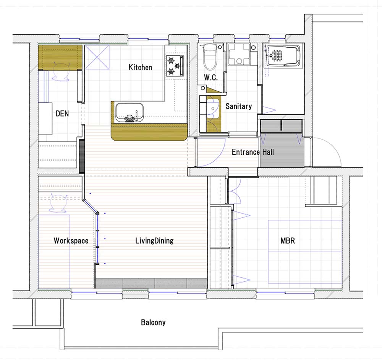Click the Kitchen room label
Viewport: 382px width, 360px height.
pyautogui.click(x=140, y=67)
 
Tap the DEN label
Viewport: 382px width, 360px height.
pyautogui.click(x=62, y=114)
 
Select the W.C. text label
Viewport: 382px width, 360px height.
pyautogui.click(x=211, y=78)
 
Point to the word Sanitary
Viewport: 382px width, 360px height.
pyautogui.click(x=238, y=106)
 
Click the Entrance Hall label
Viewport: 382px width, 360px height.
pyautogui.click(x=253, y=152)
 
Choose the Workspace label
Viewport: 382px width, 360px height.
pyautogui.click(x=71, y=240)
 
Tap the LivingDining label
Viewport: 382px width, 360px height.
pyautogui.click(x=154, y=240)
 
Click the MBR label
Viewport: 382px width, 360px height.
pyautogui.click(x=288, y=240)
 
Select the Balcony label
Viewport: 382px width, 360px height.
pyautogui.click(x=153, y=323)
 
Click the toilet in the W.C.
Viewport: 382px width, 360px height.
pyautogui.click(x=210, y=57)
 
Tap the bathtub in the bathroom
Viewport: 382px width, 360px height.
pyautogui.click(x=283, y=55)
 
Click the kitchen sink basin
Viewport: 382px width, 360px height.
pyautogui.click(x=129, y=112)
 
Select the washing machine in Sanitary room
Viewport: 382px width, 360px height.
pyautogui.click(x=239, y=54)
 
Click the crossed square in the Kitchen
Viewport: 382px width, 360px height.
pyautogui.click(x=97, y=58)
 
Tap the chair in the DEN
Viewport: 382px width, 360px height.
pyautogui.click(x=60, y=72)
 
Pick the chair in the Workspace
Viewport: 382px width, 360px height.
pyautogui.click(x=58, y=204)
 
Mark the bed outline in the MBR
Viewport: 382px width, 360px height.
pyautogui.click(x=305, y=252)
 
